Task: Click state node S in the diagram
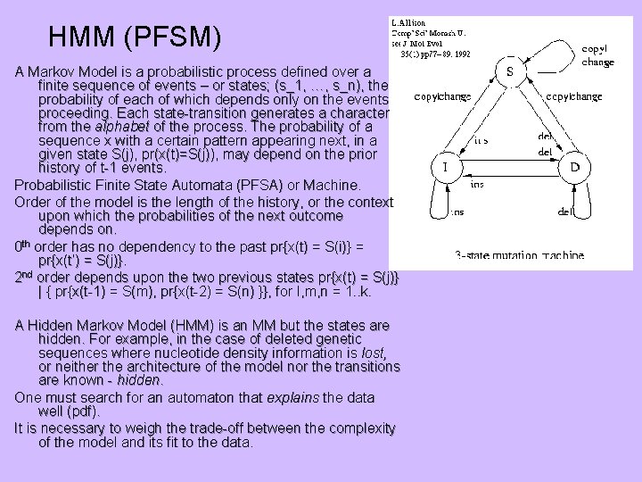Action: pos(510,71)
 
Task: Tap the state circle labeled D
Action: pos(574,167)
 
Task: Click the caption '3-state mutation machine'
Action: pos(519,256)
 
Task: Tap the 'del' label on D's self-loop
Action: pos(565,212)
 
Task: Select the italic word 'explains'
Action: pos(296,396)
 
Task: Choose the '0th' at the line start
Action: pos(25,245)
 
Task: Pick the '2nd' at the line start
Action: pos(26,277)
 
